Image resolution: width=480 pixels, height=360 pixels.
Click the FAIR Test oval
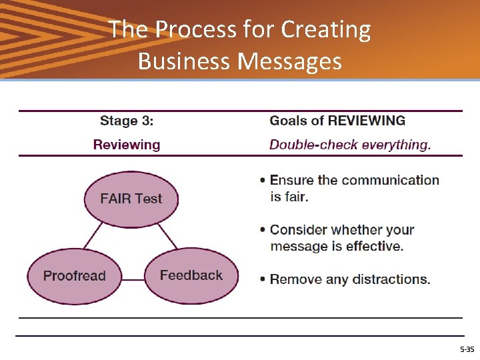(x=131, y=198)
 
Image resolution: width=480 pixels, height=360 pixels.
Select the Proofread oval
(x=74, y=276)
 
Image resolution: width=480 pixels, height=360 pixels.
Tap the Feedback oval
(x=191, y=275)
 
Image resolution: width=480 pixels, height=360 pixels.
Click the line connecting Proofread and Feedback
(x=133, y=279)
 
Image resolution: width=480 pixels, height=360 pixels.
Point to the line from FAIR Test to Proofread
(x=93, y=236)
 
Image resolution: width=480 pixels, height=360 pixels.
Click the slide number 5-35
(x=467, y=349)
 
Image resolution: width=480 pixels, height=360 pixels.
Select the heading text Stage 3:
(x=127, y=121)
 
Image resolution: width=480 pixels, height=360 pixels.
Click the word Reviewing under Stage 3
(x=127, y=145)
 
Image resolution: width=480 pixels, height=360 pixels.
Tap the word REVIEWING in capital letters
(x=366, y=121)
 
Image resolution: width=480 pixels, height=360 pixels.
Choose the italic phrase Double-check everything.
(x=350, y=145)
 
